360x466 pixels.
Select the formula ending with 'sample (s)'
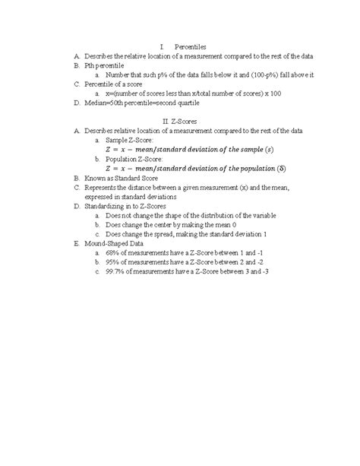click(198, 150)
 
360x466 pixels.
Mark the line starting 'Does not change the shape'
click(191, 215)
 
